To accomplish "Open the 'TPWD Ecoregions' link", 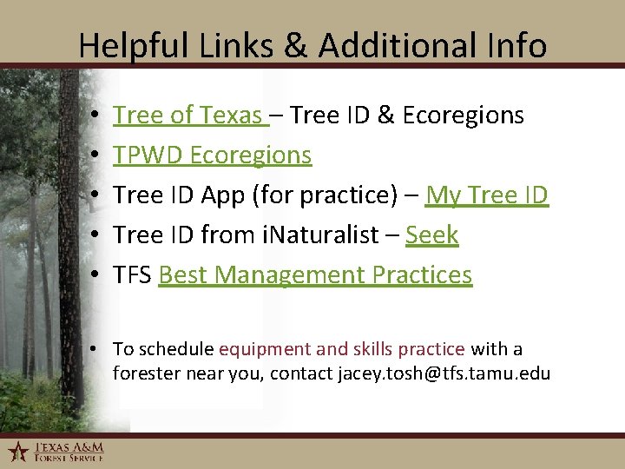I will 212,155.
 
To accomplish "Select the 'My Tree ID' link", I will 486,195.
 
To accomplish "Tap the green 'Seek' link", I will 431,235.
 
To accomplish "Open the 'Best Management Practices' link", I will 315,275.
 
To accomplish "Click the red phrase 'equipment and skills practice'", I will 341,349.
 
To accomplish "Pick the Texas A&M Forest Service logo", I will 56,451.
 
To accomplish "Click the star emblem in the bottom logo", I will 17,451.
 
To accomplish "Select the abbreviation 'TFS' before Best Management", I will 133,275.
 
